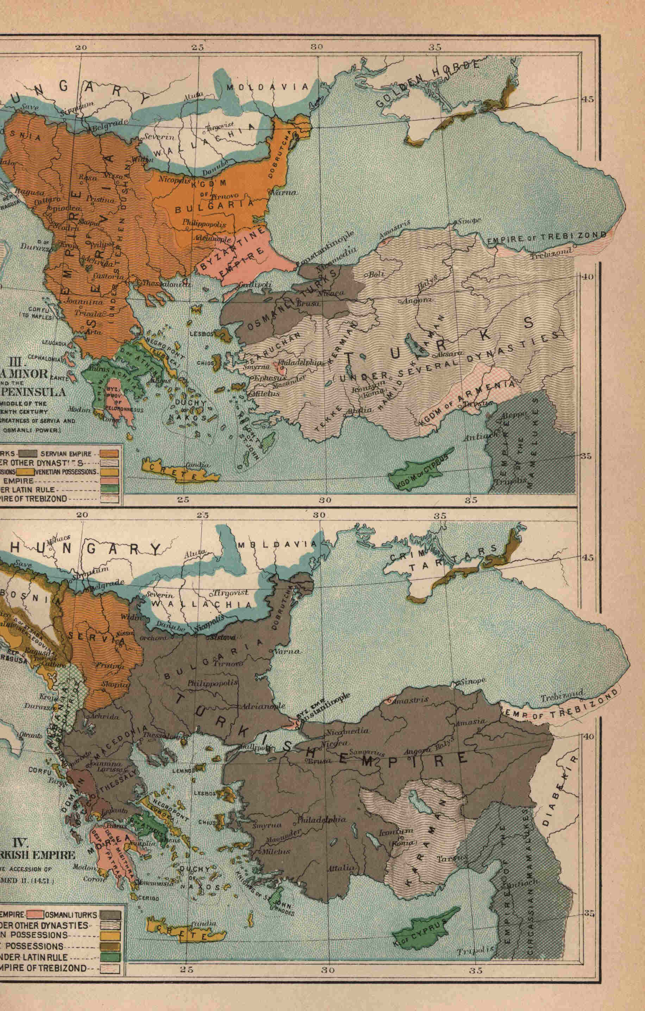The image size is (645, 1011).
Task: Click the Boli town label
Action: coord(377,274)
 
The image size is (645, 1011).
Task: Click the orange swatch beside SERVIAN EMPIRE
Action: coord(113,454)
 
